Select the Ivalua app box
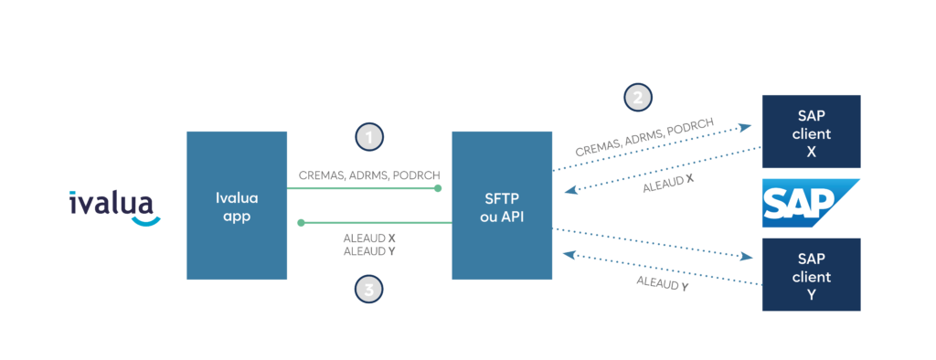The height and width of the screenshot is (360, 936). (237, 205)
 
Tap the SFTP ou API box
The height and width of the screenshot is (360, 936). (502, 205)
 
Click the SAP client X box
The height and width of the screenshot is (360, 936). (811, 132)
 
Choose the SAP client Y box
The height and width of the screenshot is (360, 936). (811, 274)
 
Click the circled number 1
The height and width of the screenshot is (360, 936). (368, 138)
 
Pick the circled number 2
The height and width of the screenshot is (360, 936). (638, 96)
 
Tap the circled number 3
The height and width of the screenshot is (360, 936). (368, 290)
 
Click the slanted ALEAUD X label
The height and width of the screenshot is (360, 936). (668, 182)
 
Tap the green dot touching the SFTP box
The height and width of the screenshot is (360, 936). (438, 189)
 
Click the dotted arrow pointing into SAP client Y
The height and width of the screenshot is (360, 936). (658, 245)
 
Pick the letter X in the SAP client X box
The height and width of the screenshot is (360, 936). (812, 150)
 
